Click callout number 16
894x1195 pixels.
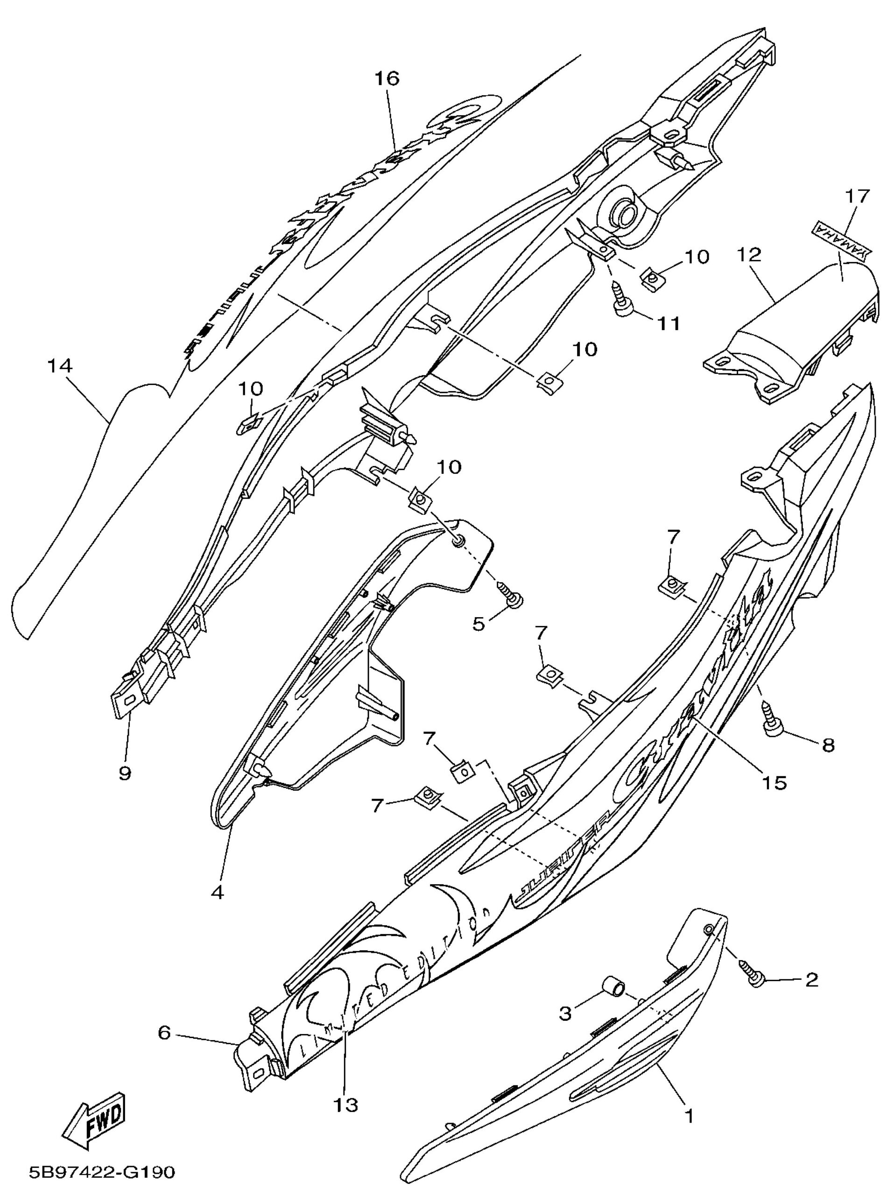point(387,79)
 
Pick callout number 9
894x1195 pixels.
point(125,773)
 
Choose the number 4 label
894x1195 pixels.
point(217,893)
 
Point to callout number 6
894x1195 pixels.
point(164,1033)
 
